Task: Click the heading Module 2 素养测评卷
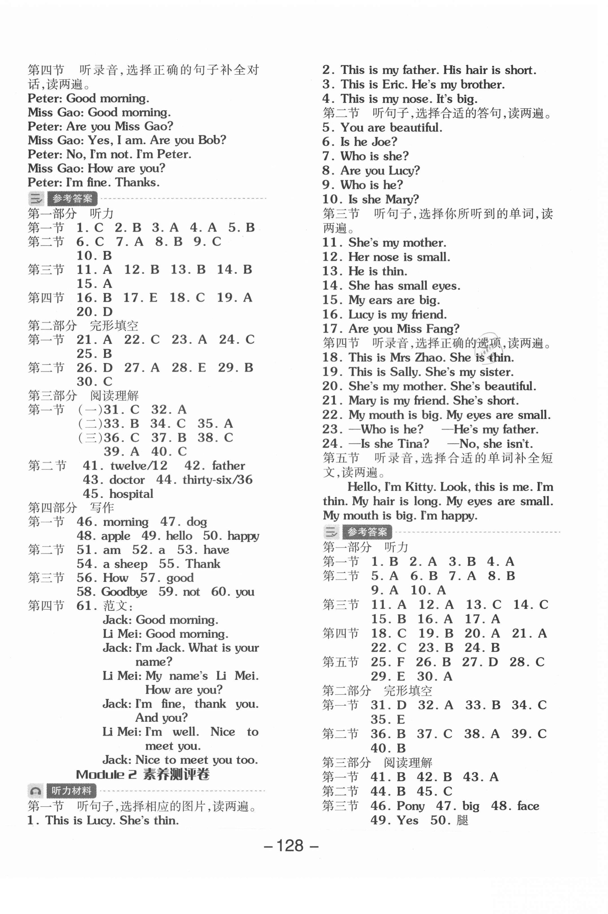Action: (x=143, y=775)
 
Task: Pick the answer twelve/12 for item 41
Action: (x=139, y=466)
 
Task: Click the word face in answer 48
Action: (x=528, y=806)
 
